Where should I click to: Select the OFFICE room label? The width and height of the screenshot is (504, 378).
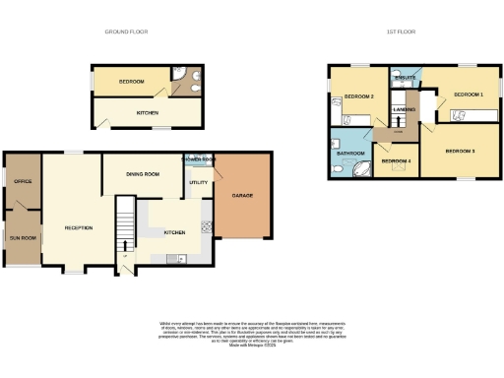point(23,181)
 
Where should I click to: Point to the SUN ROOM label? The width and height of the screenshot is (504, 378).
point(23,238)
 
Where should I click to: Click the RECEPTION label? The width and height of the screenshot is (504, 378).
point(79,227)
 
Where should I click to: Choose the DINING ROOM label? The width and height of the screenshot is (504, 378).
point(143,174)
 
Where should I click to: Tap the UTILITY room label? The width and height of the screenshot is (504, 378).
point(196,183)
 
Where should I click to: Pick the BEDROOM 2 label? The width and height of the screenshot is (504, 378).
point(358,96)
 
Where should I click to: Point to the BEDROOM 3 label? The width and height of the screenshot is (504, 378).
point(461,151)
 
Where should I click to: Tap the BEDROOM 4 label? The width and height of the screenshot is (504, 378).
point(396,160)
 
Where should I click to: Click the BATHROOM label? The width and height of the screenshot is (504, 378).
point(351,154)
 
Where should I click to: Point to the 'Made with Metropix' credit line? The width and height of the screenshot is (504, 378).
point(251,346)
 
